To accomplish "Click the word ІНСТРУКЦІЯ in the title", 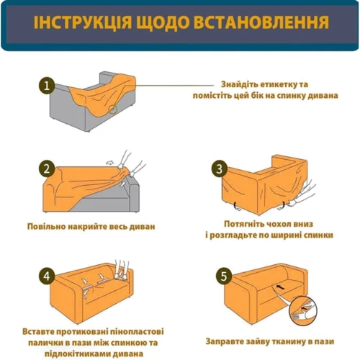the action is pyautogui.click(x=83, y=22).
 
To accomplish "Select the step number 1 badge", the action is pyautogui.click(x=47, y=85).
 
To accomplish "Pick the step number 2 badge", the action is pyautogui.click(x=47, y=168).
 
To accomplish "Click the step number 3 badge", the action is pyautogui.click(x=220, y=169).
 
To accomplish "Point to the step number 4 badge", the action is pyautogui.click(x=47, y=276).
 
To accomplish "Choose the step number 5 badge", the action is pyautogui.click(x=224, y=276).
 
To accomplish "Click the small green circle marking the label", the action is pyautogui.click(x=113, y=109).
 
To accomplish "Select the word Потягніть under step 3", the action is pyautogui.click(x=242, y=224).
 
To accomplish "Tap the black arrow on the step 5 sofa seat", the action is pyautogui.click(x=279, y=287).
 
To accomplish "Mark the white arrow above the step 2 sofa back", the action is pyautogui.click(x=109, y=163).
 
